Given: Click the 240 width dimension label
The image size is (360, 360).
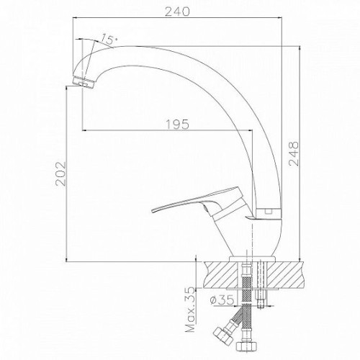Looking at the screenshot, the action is click(177, 12).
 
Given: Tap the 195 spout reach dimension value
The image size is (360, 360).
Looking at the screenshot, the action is click(178, 125).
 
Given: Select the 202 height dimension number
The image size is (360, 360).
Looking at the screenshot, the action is click(60, 174).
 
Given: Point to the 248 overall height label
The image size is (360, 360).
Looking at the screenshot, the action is click(294, 153).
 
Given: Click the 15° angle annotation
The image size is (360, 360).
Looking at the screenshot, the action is click(109, 39).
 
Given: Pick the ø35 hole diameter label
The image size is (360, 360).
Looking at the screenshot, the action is click(222, 300).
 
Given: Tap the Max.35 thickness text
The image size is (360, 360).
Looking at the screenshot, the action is click(191, 310).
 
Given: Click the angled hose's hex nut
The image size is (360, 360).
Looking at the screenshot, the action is click(222, 335).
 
